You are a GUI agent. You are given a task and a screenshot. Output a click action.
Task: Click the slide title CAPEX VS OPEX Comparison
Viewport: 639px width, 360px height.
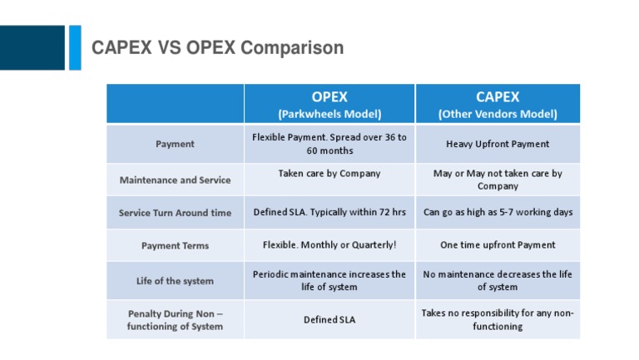point(217,48)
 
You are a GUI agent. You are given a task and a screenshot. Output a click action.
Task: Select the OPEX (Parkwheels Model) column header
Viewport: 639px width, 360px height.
point(329,105)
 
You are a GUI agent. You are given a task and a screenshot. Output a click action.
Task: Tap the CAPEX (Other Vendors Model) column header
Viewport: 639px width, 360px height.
point(498,105)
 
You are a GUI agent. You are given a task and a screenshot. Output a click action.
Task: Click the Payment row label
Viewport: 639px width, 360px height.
point(175,144)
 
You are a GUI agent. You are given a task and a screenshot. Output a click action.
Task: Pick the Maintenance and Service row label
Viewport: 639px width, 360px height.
point(175,180)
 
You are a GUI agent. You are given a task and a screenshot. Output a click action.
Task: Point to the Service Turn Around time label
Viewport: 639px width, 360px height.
point(175,213)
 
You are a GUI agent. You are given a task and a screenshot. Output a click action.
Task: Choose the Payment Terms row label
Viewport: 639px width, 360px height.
point(175,246)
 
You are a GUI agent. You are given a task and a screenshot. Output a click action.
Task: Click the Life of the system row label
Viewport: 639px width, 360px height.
point(175,281)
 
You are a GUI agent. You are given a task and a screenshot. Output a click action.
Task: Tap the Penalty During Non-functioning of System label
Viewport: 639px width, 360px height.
point(175,320)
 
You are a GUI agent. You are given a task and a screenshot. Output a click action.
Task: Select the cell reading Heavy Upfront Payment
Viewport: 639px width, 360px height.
point(498,144)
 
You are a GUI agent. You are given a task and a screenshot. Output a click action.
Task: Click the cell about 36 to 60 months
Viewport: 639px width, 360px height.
point(329,144)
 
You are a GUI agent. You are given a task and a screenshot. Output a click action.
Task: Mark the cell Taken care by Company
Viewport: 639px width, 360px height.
point(329,174)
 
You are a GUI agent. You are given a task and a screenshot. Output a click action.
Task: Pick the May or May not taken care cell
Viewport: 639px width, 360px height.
point(498,180)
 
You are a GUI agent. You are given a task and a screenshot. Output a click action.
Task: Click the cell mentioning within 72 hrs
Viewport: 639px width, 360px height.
point(329,213)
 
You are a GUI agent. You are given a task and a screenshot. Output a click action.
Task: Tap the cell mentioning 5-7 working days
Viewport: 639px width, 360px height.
point(498,213)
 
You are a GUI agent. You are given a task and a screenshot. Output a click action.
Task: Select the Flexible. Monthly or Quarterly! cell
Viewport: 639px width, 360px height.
point(329,245)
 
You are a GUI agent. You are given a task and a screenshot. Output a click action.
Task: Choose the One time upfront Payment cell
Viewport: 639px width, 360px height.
point(498,245)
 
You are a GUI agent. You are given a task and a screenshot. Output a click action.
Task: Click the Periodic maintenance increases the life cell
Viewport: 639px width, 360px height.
point(329,280)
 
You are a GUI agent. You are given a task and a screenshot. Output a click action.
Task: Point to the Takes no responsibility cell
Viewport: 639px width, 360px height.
point(498,319)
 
